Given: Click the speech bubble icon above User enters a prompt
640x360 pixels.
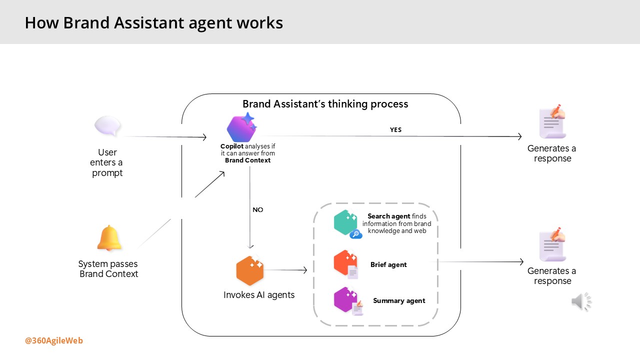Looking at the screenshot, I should (x=107, y=126).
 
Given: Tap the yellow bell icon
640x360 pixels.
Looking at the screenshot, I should (x=109, y=238).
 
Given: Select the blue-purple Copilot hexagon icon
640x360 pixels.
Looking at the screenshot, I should (x=241, y=127).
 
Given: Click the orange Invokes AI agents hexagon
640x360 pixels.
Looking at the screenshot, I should (x=249, y=270).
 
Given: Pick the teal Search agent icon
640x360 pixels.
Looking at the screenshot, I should (x=346, y=223).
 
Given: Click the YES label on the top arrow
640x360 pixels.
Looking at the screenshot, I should (x=395, y=130).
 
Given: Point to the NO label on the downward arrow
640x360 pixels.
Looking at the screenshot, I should (x=258, y=210).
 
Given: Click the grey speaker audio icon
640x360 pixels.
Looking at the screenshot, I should (x=581, y=301).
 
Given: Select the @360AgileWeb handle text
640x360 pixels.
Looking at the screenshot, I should (x=54, y=341).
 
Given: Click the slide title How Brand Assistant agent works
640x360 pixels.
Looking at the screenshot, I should (x=154, y=23).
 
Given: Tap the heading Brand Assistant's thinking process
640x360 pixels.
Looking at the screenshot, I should (x=325, y=104).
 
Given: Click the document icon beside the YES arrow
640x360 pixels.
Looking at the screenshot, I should (x=552, y=122).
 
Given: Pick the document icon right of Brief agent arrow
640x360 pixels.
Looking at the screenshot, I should (x=552, y=245).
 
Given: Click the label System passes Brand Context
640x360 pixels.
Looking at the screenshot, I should (x=108, y=269).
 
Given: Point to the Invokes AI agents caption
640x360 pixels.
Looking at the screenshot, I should (x=259, y=295).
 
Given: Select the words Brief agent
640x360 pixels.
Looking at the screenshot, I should (x=388, y=265).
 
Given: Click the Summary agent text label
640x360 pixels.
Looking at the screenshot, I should (x=399, y=301).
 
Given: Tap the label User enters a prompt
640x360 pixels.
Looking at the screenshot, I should (x=107, y=163).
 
